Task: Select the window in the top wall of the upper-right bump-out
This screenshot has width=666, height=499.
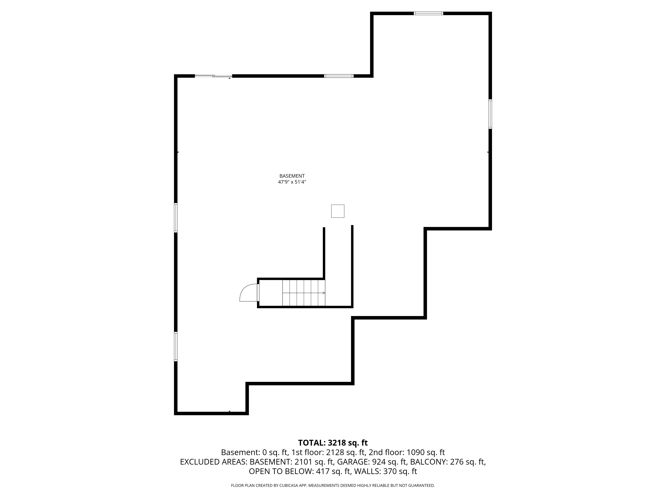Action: pyautogui.click(x=428, y=13)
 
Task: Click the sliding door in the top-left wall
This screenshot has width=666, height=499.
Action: pyautogui.click(x=213, y=76)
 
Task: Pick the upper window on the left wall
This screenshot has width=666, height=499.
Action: pyautogui.click(x=176, y=218)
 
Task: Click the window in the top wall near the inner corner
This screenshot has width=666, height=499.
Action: pyautogui.click(x=339, y=76)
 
